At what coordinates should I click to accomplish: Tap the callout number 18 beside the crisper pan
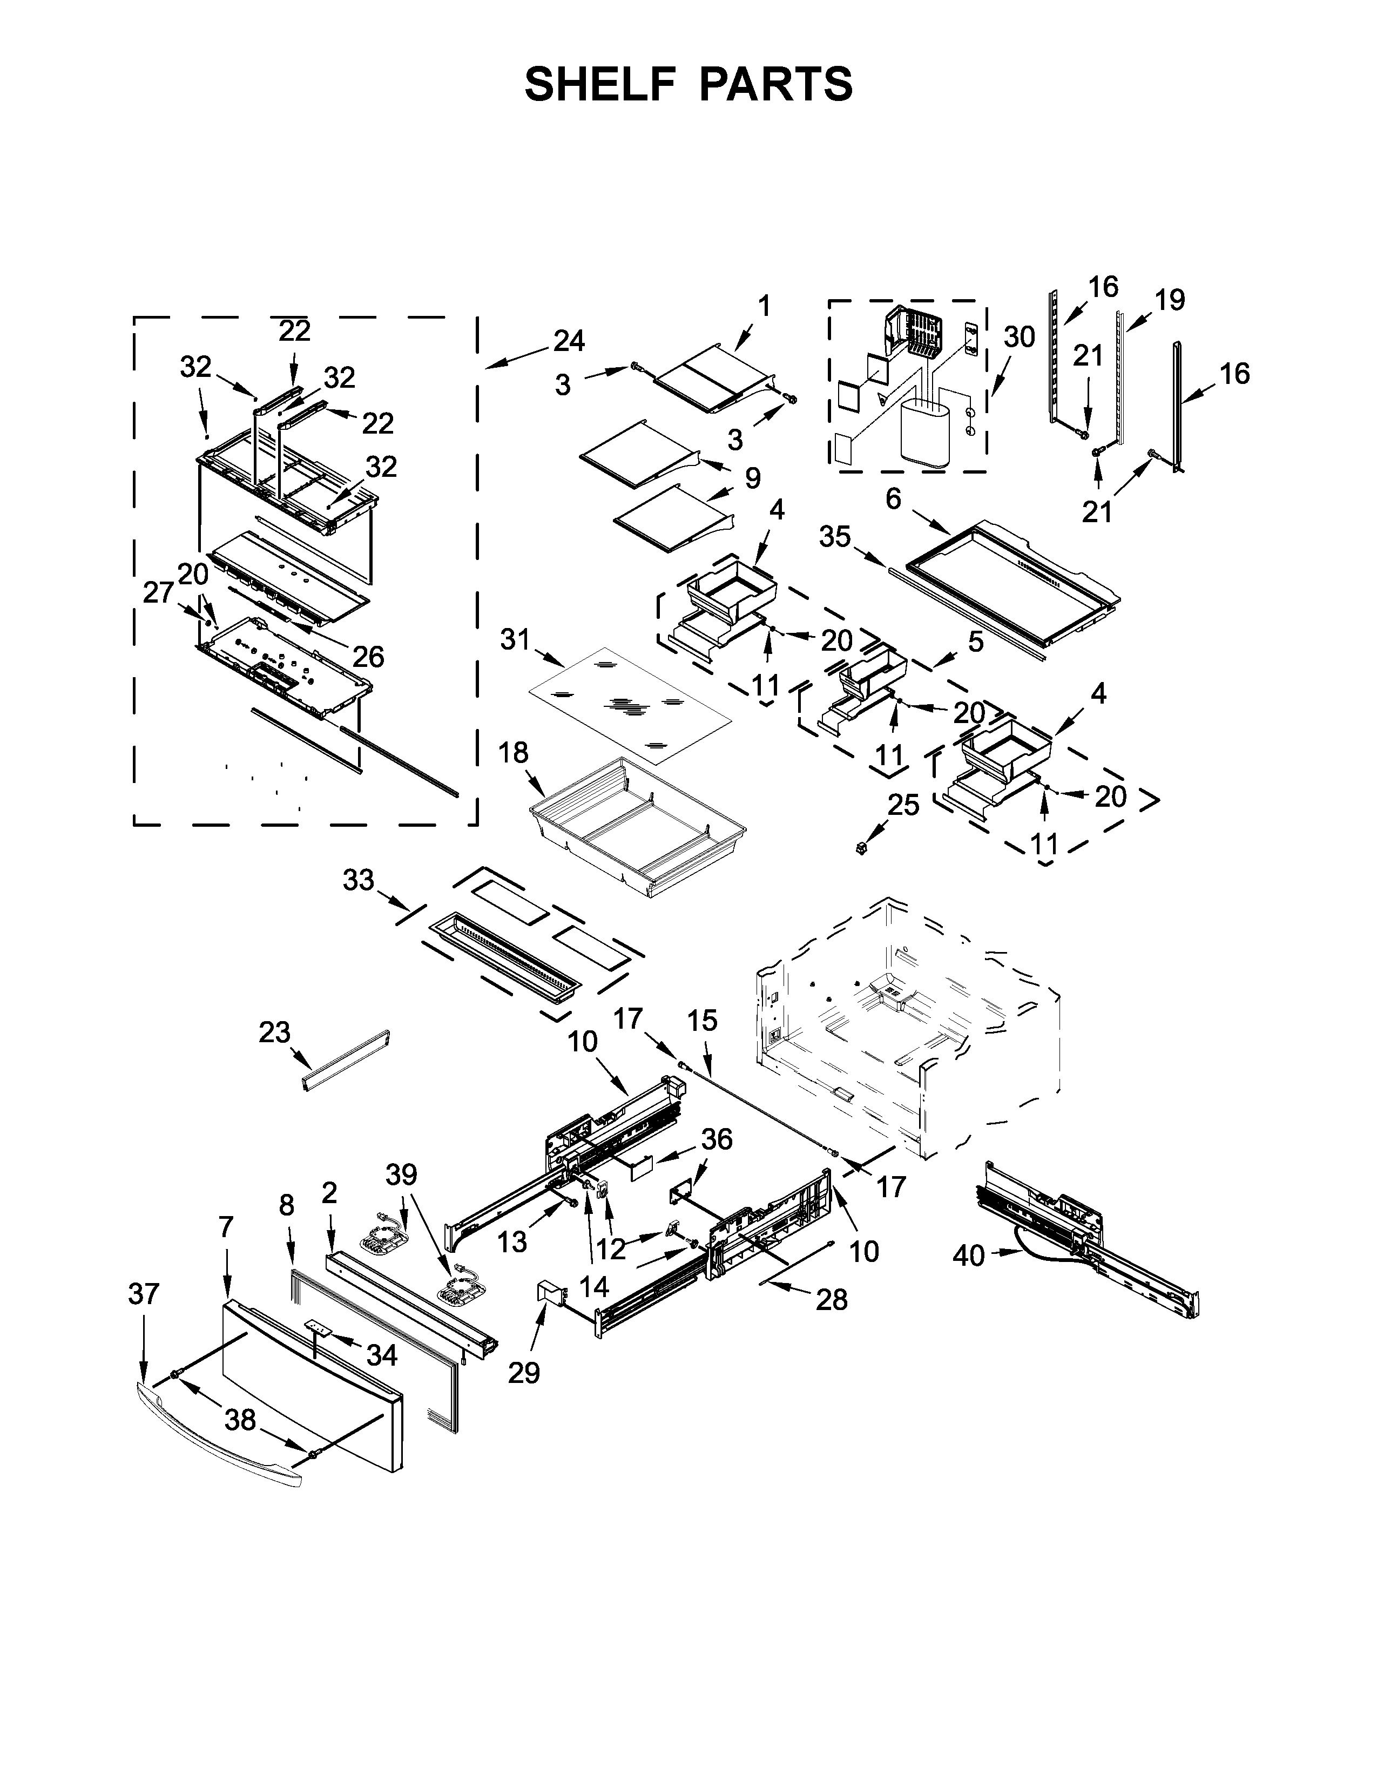click(x=513, y=752)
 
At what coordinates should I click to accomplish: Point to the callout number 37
click(x=144, y=1294)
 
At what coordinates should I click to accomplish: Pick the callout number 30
click(x=1019, y=336)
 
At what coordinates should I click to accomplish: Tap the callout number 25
click(x=903, y=805)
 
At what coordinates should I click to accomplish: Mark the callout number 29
click(x=524, y=1373)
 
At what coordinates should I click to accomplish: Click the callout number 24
click(x=569, y=340)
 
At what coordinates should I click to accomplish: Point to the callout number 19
click(x=1170, y=300)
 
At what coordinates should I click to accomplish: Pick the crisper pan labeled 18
click(x=638, y=829)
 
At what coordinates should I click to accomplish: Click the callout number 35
click(x=834, y=537)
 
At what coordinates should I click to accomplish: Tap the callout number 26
click(x=368, y=656)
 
